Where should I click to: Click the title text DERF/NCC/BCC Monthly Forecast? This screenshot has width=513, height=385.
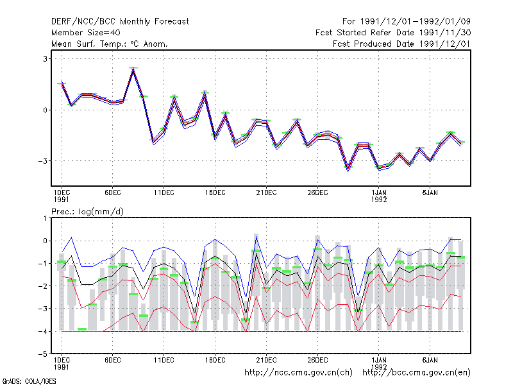[120, 22]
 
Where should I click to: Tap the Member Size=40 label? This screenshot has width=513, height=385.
[86, 33]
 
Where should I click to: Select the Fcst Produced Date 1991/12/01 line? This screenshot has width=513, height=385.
[402, 44]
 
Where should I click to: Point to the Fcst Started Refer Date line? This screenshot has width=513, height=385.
[393, 33]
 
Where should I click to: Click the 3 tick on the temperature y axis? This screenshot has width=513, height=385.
[45, 59]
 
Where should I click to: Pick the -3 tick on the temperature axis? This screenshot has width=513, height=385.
[43, 161]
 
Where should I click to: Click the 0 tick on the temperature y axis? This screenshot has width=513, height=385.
[45, 110]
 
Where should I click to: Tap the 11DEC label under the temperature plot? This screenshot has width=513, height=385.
[164, 193]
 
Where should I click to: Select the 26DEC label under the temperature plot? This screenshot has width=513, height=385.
[317, 193]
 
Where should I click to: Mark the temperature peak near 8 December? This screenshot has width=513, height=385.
[133, 68]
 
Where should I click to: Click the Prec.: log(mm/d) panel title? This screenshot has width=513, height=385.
[88, 212]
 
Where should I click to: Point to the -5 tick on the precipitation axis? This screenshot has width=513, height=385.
[43, 354]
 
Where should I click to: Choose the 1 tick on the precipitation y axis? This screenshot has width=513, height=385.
[45, 218]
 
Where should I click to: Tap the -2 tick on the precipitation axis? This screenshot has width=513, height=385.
[43, 286]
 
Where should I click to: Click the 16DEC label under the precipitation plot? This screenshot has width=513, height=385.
[215, 360]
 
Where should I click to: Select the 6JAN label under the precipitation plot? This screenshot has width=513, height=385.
[430, 360]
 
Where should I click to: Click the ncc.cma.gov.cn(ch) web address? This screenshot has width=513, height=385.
[298, 373]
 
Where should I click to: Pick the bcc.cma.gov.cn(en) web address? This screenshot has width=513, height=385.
[416, 373]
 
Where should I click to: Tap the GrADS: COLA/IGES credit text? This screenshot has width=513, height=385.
[29, 381]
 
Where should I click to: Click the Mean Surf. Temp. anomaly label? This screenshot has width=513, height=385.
[110, 44]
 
